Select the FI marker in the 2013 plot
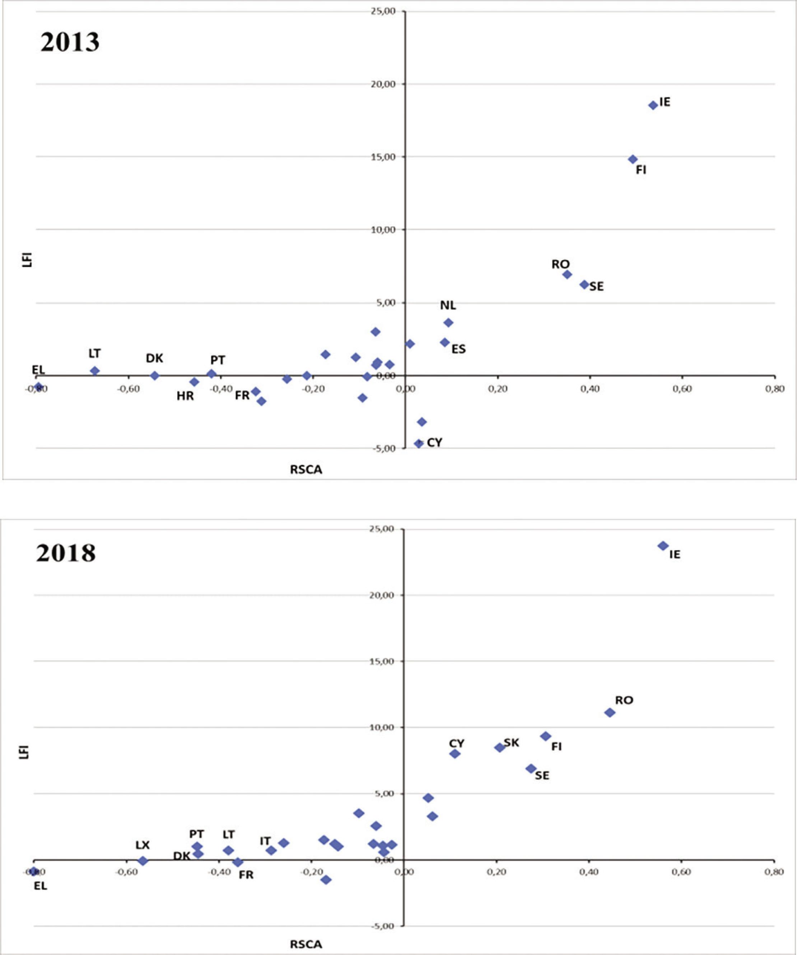(632, 159)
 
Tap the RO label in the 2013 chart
(560, 264)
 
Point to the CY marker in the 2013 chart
(419, 443)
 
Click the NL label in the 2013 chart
(448, 305)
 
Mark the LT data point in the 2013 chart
(95, 371)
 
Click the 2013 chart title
(70, 42)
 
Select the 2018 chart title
(66, 553)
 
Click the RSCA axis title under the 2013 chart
(306, 470)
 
